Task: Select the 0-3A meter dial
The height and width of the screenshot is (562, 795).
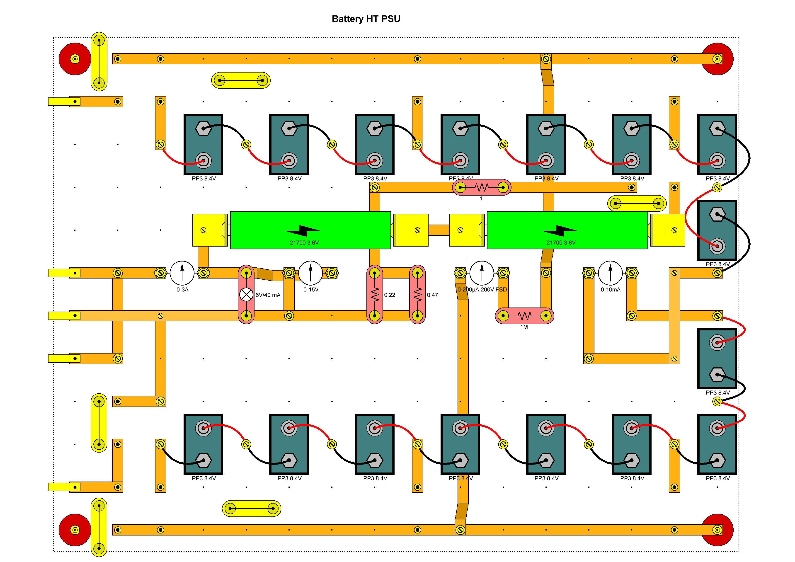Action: tap(182, 273)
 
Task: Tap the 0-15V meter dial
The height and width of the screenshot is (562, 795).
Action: tap(311, 273)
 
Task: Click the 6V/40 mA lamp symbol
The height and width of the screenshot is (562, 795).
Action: tap(246, 295)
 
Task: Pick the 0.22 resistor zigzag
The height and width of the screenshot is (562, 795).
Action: tap(375, 295)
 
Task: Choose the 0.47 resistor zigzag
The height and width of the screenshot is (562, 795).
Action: tap(418, 295)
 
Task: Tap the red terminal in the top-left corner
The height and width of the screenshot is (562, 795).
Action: tap(75, 59)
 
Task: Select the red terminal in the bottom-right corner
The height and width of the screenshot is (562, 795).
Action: tap(717, 530)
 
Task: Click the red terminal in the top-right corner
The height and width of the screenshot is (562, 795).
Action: tap(717, 59)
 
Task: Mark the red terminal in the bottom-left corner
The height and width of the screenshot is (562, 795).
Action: tap(75, 530)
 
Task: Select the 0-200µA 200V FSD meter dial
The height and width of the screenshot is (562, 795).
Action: tap(482, 273)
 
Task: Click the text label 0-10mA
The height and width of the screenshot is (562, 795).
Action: tap(611, 289)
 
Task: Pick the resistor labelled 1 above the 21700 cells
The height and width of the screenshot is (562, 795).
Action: tap(481, 187)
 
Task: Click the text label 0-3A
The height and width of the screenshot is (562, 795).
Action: tap(182, 289)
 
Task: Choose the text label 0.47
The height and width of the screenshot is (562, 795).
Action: tap(432, 295)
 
